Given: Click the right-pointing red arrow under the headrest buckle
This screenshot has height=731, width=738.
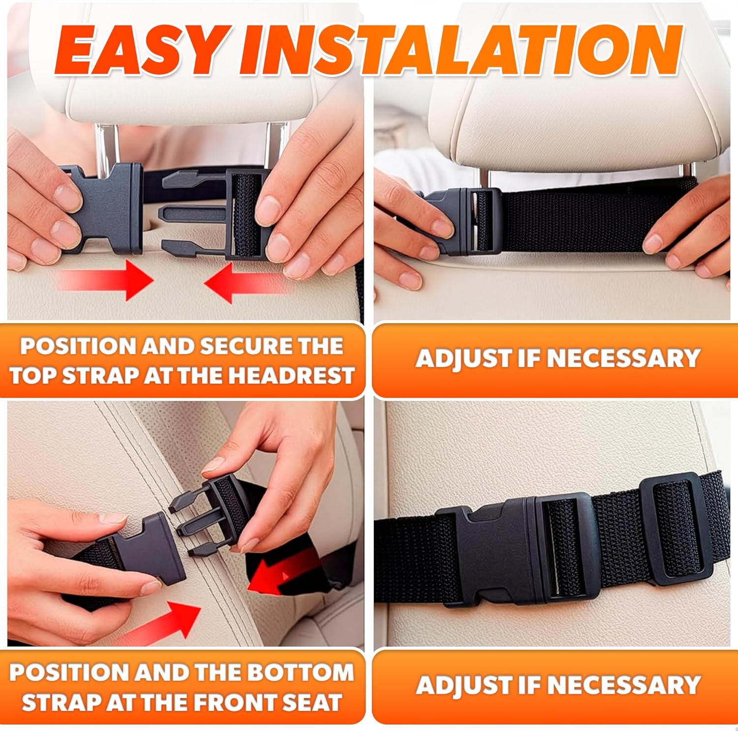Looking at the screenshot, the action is pyautogui.click(x=106, y=279).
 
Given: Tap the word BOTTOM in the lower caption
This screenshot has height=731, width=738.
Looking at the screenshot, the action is pyautogui.click(x=305, y=672).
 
